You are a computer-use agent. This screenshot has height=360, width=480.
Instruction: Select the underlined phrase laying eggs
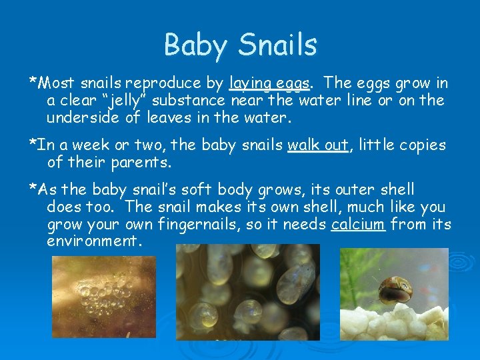[269, 84]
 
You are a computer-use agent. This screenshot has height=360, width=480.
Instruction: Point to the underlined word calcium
[358, 224]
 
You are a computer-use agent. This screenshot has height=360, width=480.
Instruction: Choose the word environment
[94, 241]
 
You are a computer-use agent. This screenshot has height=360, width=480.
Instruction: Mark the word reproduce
[166, 84]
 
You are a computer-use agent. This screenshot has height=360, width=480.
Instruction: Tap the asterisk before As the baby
[32, 189]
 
